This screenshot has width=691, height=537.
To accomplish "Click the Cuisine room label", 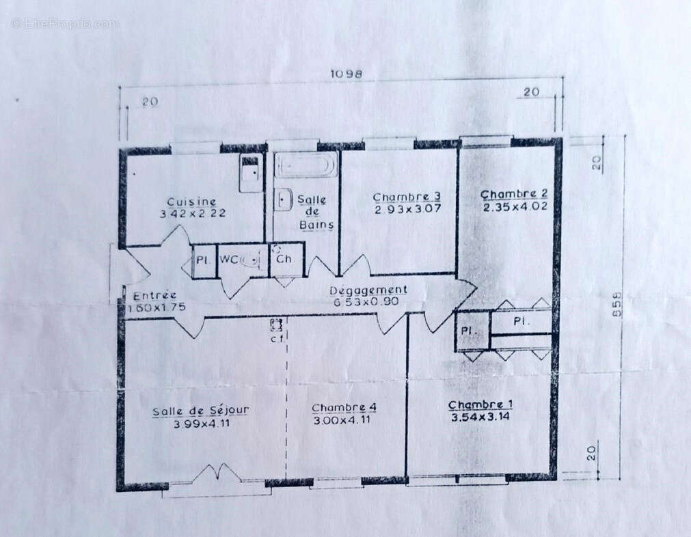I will coord(191,202).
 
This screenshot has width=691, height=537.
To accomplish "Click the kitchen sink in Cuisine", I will coord(250,172).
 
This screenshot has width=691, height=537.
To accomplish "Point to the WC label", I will coord(228,260).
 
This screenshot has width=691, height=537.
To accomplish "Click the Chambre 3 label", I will coord(407,197).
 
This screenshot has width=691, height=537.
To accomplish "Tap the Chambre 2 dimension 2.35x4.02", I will coord(515,207).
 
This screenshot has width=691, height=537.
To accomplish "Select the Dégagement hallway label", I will coord(368,290).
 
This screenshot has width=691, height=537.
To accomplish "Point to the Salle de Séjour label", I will coord(200,411).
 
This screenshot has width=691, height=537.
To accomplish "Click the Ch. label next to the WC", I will coord(285,260).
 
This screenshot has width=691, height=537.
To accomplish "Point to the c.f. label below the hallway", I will coord(276,338).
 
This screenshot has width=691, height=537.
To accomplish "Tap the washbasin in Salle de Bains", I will coord(284,199).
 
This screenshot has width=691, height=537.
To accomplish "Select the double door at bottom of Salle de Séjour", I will coord(218,473).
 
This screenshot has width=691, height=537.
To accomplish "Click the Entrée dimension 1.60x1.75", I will coord(157,308).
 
